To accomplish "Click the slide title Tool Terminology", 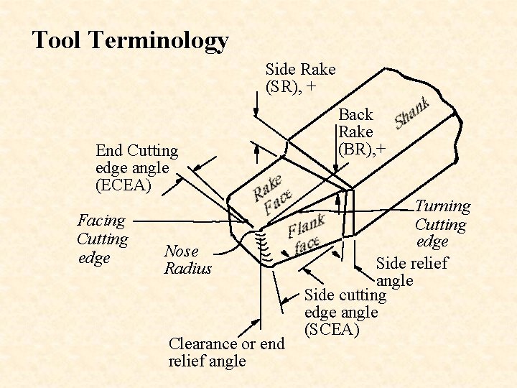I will tap(130, 40).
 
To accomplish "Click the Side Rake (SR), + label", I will tap(300, 78).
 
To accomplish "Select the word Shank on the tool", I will tap(413, 114).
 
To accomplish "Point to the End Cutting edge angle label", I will tap(136, 160).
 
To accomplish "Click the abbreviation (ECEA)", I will tap(124, 185).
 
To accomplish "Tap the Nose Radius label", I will tap(188, 260).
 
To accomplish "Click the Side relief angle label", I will tap(411, 271).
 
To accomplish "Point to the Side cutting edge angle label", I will tap(345, 303).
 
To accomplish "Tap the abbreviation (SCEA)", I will tap(332, 330).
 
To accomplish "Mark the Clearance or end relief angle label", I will tap(226, 352).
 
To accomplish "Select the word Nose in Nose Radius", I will tap(181, 251).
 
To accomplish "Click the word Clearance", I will tap(202, 343).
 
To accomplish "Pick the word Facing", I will tap(101, 221).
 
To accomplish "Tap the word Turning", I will tap(443, 207).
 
